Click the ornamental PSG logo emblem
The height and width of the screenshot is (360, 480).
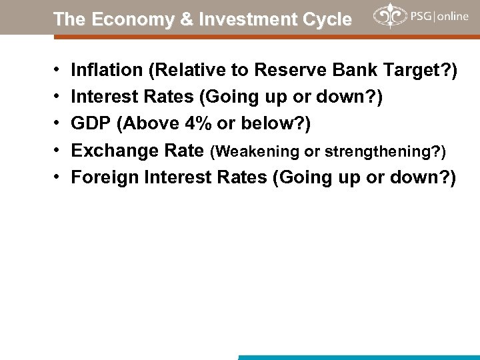pyautogui.click(x=389, y=16)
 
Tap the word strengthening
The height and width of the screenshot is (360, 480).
pyautogui.click(x=379, y=151)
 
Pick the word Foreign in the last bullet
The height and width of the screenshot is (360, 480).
pyautogui.click(x=101, y=177)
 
